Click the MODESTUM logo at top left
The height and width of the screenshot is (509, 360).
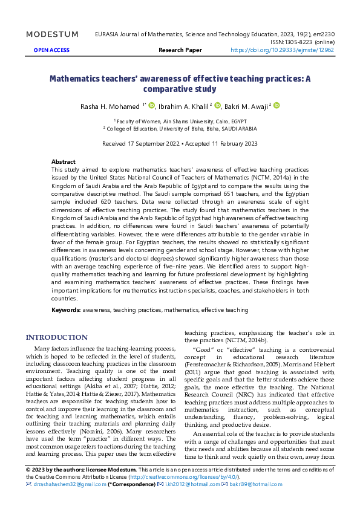coord(53,34)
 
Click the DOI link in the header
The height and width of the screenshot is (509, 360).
coord(283,51)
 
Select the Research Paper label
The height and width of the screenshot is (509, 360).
coord(180,51)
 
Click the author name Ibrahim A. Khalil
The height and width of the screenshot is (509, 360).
coord(181,107)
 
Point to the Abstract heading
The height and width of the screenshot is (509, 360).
coord(64,162)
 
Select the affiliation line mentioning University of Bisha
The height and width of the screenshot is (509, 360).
coord(180,128)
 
